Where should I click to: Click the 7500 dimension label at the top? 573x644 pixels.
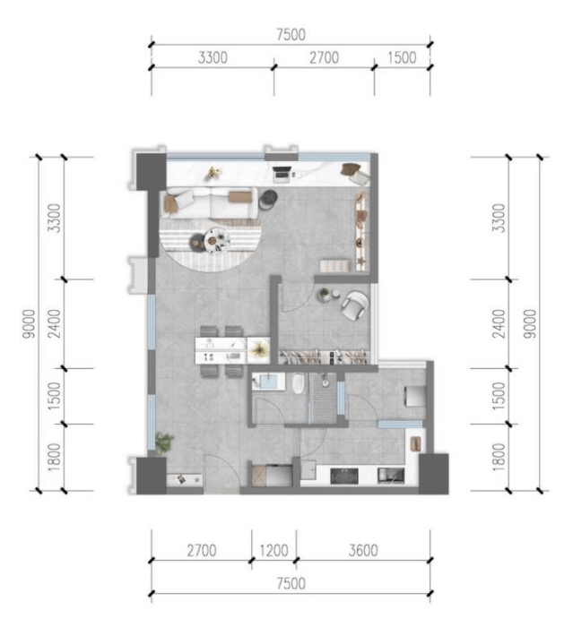pyautogui.click(x=291, y=35)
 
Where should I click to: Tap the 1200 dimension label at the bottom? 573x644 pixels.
pyautogui.click(x=273, y=550)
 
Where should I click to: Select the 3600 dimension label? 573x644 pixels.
pyautogui.click(x=363, y=550)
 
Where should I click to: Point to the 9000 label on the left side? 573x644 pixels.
pyautogui.click(x=30, y=324)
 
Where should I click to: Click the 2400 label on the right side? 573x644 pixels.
pyautogui.click(x=499, y=324)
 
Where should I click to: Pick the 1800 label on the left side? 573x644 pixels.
pyautogui.click(x=54, y=457)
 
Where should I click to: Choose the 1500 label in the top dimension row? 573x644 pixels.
pyautogui.click(x=402, y=58)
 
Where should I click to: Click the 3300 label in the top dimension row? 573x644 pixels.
pyautogui.click(x=213, y=58)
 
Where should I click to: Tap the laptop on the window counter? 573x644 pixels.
pyautogui.click(x=282, y=173)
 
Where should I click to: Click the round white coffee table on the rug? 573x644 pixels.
pyautogui.click(x=216, y=240)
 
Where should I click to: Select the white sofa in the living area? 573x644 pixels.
pyautogui.click(x=210, y=203)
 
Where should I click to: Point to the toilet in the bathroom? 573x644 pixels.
pyautogui.click(x=298, y=383)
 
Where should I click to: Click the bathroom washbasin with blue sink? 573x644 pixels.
pyautogui.click(x=268, y=382)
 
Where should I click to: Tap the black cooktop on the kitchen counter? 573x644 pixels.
pyautogui.click(x=344, y=476)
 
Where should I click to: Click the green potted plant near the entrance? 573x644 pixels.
pyautogui.click(x=163, y=442)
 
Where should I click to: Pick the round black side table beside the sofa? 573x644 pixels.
pyautogui.click(x=268, y=199)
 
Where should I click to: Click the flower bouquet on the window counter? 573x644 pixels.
pyautogui.click(x=213, y=172)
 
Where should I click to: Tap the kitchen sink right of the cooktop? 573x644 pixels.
pyautogui.click(x=390, y=476)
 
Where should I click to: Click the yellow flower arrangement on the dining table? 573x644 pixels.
pyautogui.click(x=258, y=349)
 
